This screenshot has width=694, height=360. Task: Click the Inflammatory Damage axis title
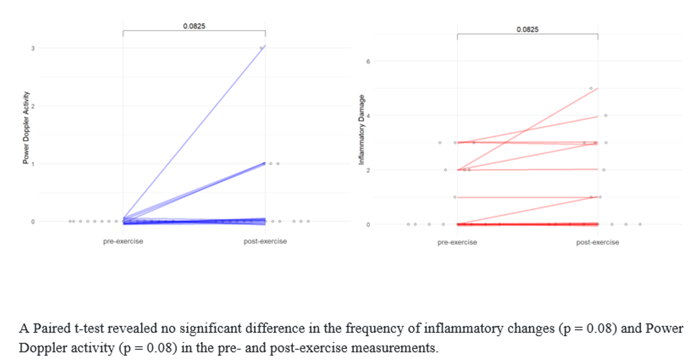(362, 130)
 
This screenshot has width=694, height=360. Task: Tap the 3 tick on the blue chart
(32, 48)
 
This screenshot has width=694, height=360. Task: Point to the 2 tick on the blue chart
(32, 106)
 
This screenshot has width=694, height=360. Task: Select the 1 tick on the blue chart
(32, 164)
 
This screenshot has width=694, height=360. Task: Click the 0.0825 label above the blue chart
(194, 25)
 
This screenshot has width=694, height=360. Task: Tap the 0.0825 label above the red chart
(528, 30)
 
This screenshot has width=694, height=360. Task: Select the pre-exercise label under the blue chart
(123, 241)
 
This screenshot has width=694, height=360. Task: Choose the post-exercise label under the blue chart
(265, 241)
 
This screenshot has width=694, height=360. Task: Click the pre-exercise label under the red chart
(458, 242)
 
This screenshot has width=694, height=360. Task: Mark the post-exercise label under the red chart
(597, 242)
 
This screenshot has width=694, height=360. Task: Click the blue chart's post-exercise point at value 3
(261, 48)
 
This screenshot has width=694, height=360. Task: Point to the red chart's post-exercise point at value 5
(591, 88)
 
